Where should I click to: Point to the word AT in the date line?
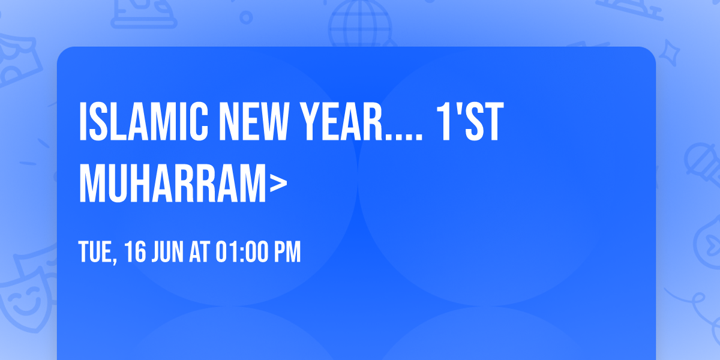(x=199, y=252)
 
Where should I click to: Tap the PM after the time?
(x=287, y=252)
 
